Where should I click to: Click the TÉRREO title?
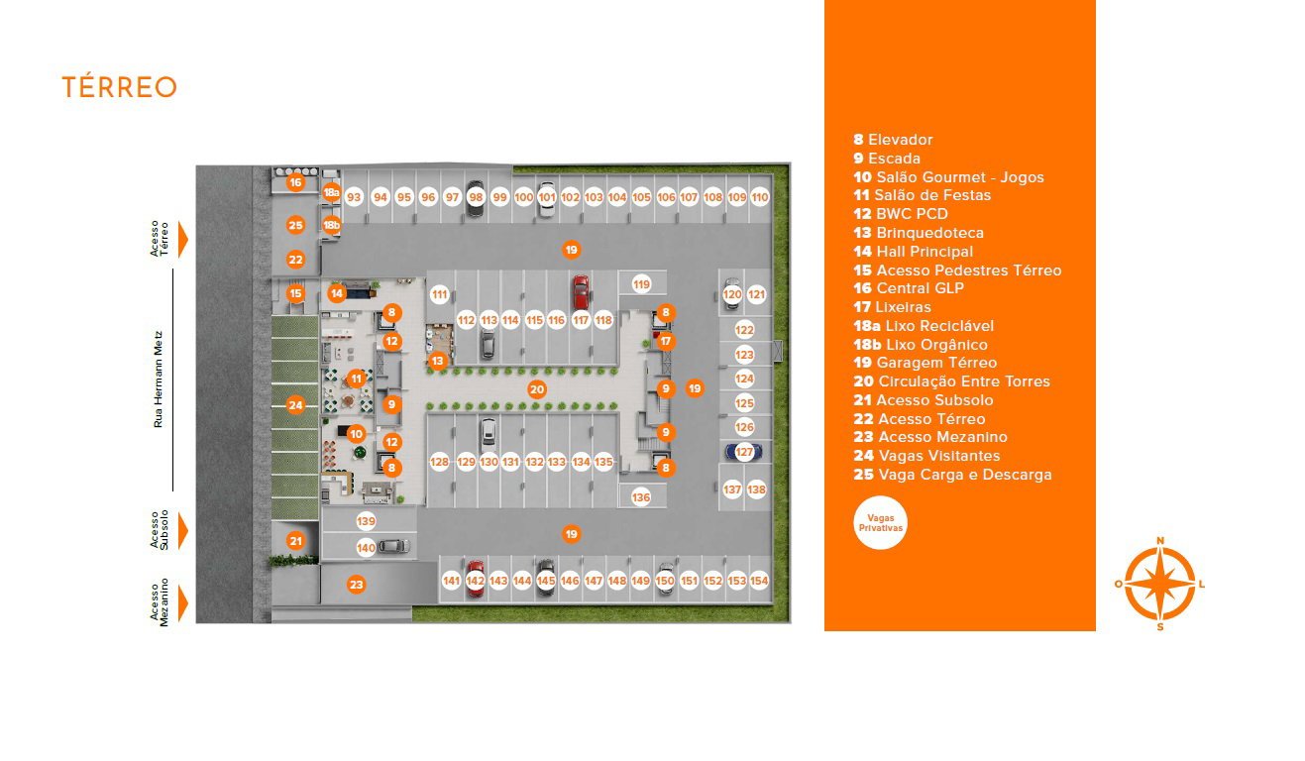120,87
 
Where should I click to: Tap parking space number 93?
354,197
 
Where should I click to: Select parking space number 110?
760,197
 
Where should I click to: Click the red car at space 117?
581,292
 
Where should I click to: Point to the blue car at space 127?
743,452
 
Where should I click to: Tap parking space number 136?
641,497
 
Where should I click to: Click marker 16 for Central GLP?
296,182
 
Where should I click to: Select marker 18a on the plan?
332,192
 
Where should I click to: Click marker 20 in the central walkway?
537,389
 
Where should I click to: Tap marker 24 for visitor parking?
296,405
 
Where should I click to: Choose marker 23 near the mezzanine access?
356,585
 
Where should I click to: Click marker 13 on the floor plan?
438,362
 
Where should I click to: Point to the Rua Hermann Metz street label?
158,380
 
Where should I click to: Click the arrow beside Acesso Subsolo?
183,531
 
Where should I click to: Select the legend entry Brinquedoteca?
919,233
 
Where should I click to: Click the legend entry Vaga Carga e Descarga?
952,475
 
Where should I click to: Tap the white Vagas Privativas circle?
880,522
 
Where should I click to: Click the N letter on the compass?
1160,541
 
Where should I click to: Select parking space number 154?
759,581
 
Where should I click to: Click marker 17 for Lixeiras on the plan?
666,342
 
